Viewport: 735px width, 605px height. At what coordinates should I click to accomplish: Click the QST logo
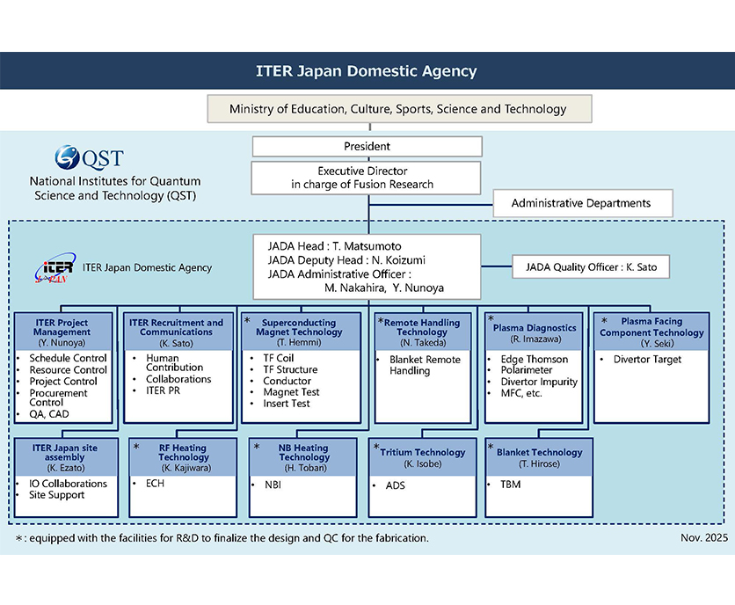point(88,159)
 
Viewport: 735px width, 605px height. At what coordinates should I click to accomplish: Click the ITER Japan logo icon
point(58,268)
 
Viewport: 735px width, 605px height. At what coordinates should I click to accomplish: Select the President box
point(367,146)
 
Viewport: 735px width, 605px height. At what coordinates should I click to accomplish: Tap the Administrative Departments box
point(581,203)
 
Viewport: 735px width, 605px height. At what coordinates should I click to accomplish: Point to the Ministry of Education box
point(397,109)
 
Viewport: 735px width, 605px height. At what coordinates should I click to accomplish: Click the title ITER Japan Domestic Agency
point(367,71)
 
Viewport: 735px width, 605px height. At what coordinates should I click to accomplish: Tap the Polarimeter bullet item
point(528,371)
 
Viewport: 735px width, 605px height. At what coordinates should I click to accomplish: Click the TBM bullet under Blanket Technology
point(510,485)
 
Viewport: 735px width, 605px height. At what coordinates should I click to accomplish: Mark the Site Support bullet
point(56,495)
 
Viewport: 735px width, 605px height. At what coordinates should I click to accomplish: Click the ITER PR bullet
point(164,390)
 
